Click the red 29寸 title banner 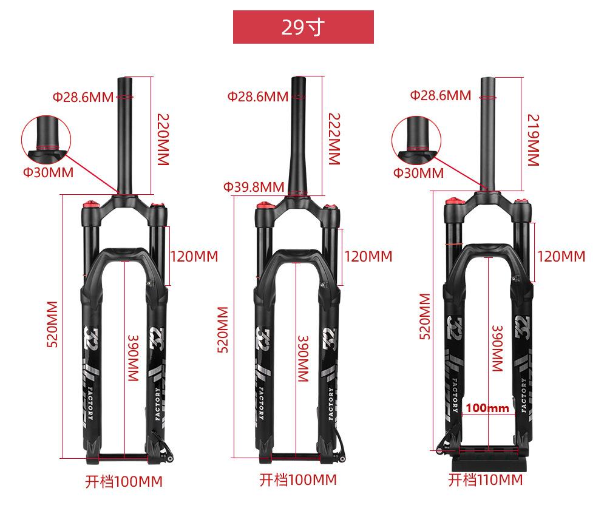tap(303, 27)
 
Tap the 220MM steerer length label tap(163, 140)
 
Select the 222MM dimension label tap(334, 139)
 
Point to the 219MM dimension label tap(534, 140)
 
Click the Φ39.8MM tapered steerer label tap(254, 187)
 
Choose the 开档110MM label tap(486, 479)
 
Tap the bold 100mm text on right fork tap(487, 408)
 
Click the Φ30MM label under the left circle tap(49, 172)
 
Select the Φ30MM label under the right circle tap(418, 172)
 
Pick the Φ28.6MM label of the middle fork tap(258, 96)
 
